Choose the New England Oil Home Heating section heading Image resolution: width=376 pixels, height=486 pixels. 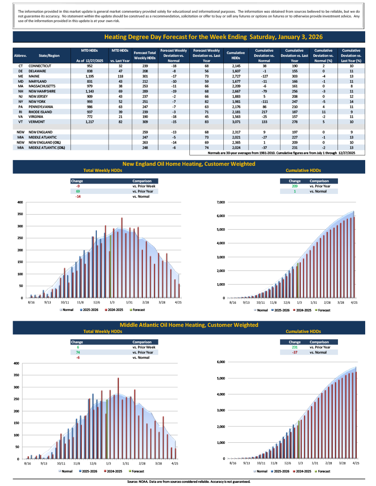pos(188,164)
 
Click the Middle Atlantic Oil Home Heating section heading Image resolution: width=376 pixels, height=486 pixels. pos(188,325)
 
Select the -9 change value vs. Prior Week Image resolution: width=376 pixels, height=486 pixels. pos(78,186)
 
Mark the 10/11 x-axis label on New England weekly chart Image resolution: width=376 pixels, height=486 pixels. pos(65,303)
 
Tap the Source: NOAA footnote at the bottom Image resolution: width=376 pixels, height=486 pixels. pos(188,481)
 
